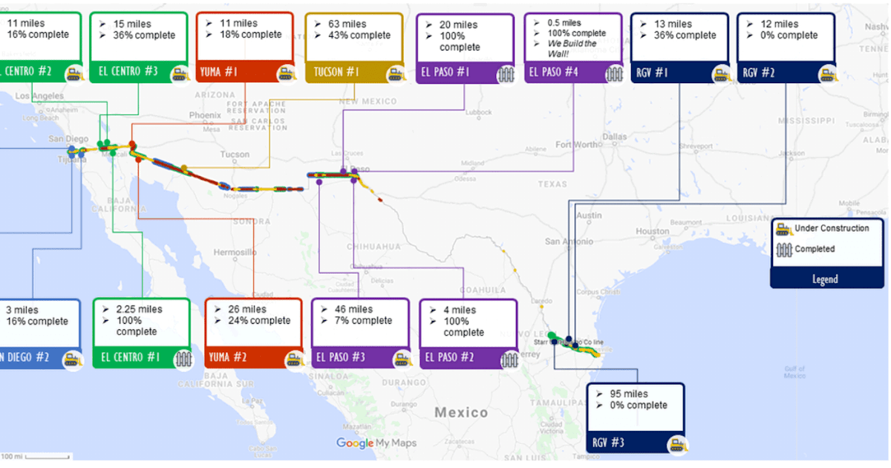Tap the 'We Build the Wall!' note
pos(572,48)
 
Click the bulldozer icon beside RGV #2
pos(828,74)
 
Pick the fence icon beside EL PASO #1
pos(506,74)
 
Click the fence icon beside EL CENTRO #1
pos(183,359)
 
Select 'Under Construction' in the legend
pos(832,228)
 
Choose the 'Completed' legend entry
pos(815,249)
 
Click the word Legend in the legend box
pos(825,279)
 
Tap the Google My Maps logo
pos(376,443)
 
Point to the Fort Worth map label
pos(574,144)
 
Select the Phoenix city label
pos(205,115)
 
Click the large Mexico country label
pos(461,412)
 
